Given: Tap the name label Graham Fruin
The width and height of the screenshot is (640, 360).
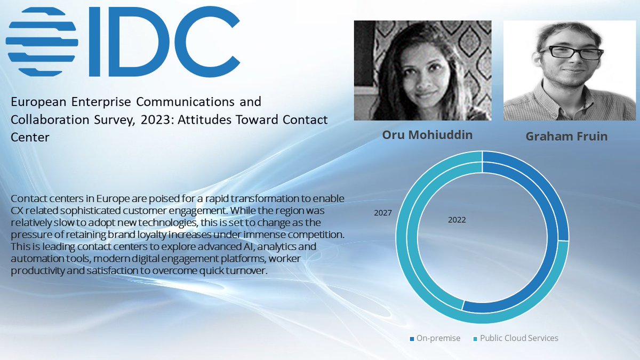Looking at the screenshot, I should (566, 136).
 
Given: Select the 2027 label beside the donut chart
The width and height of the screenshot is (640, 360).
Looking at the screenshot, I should (383, 213).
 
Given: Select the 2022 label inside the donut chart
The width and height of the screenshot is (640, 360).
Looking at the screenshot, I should (457, 220).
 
